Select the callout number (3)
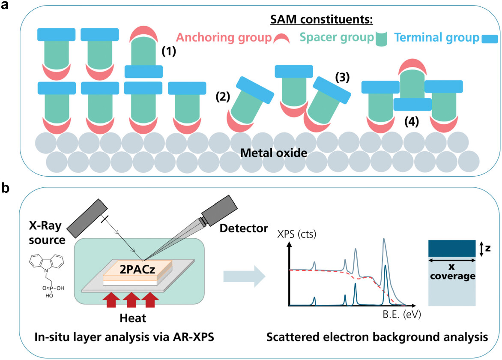pyautogui.click(x=342, y=77)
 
